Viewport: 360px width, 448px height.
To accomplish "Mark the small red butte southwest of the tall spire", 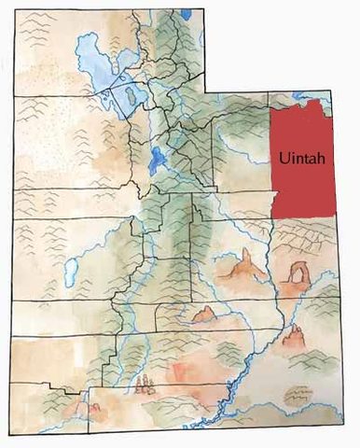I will coord(203,315).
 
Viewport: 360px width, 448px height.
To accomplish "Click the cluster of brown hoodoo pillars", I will coord(144,384).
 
